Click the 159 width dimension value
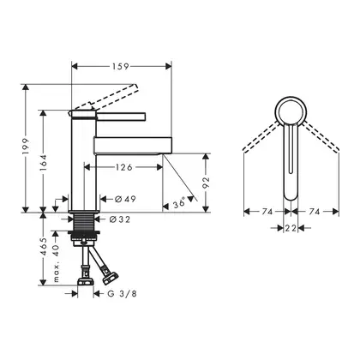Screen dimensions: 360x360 120,67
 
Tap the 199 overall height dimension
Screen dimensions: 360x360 26,147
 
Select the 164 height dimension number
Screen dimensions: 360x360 43,163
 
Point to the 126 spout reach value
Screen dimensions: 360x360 124,167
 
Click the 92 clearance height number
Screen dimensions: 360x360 206,183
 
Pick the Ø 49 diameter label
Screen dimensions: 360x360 125,199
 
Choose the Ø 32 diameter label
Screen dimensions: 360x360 120,219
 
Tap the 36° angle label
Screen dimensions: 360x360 178,204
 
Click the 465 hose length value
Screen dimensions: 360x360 43,246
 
